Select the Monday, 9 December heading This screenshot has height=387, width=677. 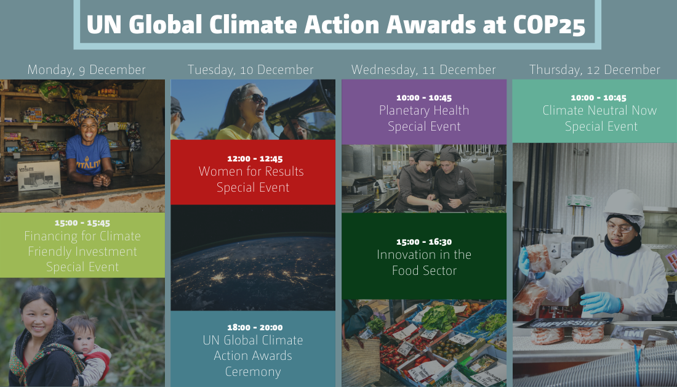click(87, 70)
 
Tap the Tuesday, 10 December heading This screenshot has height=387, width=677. click(250, 70)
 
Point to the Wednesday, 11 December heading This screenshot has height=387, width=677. click(423, 70)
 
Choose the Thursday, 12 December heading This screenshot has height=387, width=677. click(595, 70)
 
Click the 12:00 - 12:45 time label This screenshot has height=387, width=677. click(253, 158)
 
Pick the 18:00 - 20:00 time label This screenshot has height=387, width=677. click(253, 327)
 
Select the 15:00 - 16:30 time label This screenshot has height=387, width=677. click(424, 242)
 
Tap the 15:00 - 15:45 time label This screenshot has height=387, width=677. click(82, 223)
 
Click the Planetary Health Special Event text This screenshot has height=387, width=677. click(424, 118)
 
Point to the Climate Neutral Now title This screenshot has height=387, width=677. click(599, 111)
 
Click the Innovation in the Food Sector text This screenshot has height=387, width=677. click(424, 262)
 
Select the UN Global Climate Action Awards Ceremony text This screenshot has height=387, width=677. click(253, 356)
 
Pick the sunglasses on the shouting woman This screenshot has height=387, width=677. click(254, 99)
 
